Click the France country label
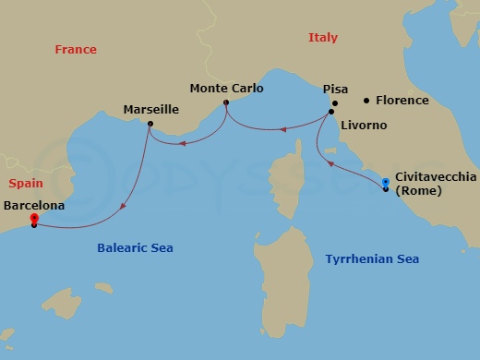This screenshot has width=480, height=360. point(75,50)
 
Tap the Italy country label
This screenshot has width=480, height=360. point(323,38)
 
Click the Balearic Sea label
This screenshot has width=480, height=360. point(135,247)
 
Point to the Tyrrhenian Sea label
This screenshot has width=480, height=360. point(372,259)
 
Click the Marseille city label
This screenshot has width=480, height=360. point(150,109)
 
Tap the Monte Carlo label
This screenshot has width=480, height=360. point(226,89)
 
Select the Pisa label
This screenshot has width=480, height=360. point(335,90)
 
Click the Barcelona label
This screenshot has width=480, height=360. point(34,206)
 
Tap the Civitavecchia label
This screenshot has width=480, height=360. point(437,175)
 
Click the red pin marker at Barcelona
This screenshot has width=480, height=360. point(33,219)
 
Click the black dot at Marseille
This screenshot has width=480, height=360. point(150,124)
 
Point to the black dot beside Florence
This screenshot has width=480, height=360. point(366,100)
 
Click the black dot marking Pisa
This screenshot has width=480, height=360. point(335,103)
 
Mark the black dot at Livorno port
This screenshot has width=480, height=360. point(330,113)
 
